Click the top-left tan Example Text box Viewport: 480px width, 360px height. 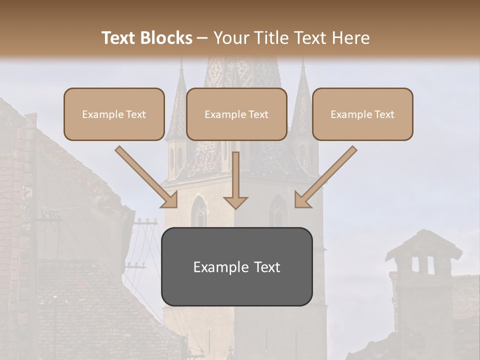[114, 114]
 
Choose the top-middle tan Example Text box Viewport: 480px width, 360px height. [236, 114]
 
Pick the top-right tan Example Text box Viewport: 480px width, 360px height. [362, 114]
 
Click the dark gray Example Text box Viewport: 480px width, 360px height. [236, 266]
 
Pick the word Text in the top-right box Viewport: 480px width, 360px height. [384, 114]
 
